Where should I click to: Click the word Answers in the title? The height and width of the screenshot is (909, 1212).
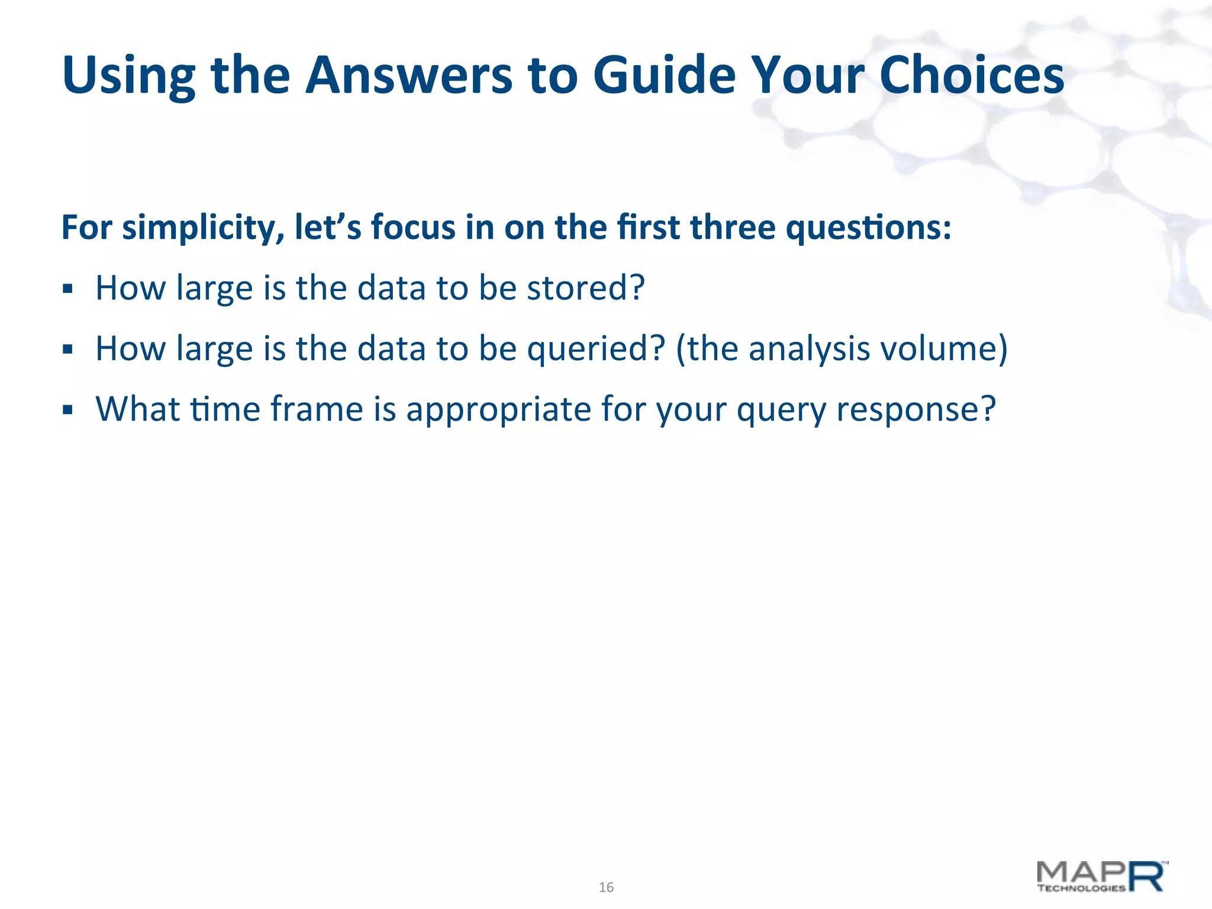tap(408, 76)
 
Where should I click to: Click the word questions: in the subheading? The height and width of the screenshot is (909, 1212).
tap(868, 228)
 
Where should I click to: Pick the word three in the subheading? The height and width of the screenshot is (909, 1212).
tap(732, 228)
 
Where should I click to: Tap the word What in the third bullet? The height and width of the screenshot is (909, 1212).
tap(137, 409)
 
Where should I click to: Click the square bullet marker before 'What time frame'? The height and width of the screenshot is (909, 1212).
tap(67, 410)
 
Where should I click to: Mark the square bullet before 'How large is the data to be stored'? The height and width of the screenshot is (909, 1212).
tap(67, 289)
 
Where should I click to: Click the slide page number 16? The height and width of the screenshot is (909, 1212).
tap(606, 887)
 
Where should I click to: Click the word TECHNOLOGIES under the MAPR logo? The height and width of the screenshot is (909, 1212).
tap(1081, 888)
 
